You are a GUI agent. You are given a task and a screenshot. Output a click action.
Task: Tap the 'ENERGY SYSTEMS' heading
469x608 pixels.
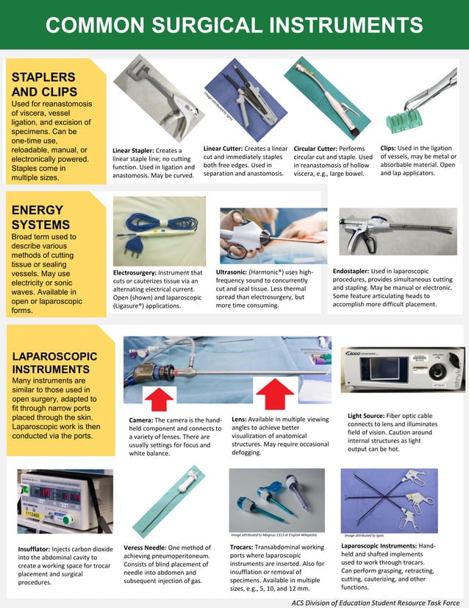click(x=37, y=217)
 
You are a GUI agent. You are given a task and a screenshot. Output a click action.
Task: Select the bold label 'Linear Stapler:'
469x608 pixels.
click(x=134, y=151)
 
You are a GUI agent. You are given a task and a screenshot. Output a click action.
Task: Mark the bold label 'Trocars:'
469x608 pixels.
click(x=247, y=547)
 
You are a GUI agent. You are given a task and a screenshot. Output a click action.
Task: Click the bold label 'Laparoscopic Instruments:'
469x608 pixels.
click(x=379, y=545)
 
